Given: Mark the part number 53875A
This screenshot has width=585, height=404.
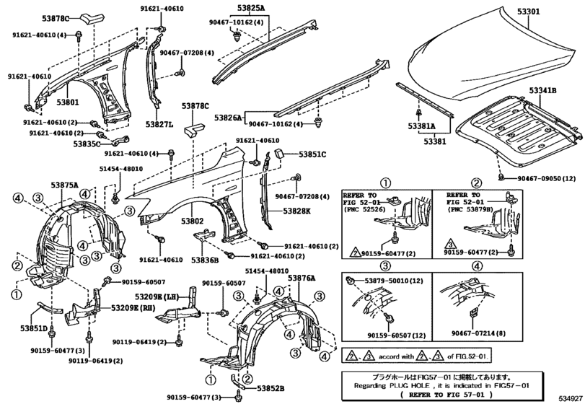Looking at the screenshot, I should (64, 185).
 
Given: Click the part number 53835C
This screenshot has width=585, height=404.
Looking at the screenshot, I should (87, 144).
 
